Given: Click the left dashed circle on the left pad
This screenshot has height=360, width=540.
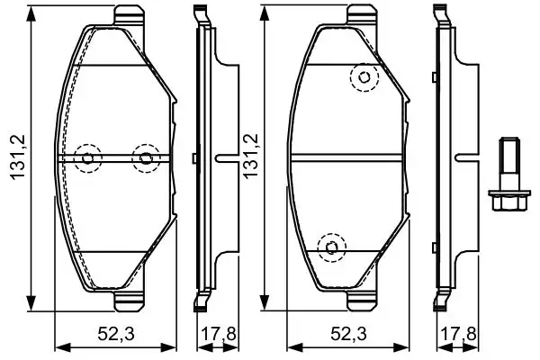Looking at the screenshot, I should pos(88,159).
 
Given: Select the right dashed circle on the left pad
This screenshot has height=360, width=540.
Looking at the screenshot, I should pos(145,159).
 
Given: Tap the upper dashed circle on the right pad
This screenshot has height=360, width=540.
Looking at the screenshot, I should pos(364,79).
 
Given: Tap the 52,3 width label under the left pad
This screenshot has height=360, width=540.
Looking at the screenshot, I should pos(116,335).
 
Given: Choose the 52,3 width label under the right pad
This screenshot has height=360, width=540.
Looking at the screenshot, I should pos(346,335).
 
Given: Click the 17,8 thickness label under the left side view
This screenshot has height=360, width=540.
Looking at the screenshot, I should pos(215,335).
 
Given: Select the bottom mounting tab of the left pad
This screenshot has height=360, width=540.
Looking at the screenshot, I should pos(130,302).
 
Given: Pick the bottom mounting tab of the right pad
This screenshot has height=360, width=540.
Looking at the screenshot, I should pos(360,302).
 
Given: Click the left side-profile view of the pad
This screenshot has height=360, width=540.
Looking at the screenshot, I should pos(204,159).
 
